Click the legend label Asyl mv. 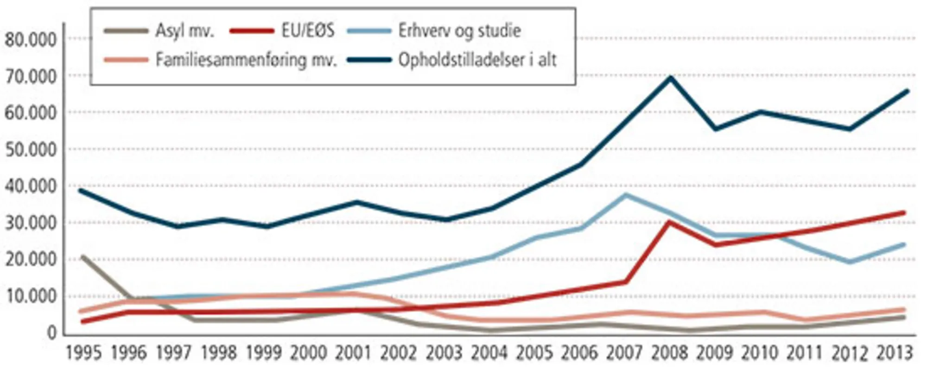pyautogui.click(x=184, y=31)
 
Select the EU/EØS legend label pyautogui.click(x=308, y=31)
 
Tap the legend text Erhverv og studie pyautogui.click(x=459, y=31)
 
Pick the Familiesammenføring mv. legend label pyautogui.click(x=246, y=60)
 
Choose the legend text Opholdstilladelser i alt pyautogui.click(x=477, y=60)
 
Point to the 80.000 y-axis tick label pyautogui.click(x=31, y=40)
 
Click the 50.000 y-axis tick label pyautogui.click(x=31, y=150)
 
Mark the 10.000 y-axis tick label pyautogui.click(x=31, y=297)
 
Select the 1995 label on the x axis pyautogui.click(x=83, y=354)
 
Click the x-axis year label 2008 pyautogui.click(x=669, y=354)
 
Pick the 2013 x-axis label pyautogui.click(x=895, y=354)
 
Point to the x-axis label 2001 pyautogui.click(x=354, y=354)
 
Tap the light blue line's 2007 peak pyautogui.click(x=626, y=195)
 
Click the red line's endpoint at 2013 pyautogui.click(x=904, y=212)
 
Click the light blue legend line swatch pyautogui.click(x=369, y=31)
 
